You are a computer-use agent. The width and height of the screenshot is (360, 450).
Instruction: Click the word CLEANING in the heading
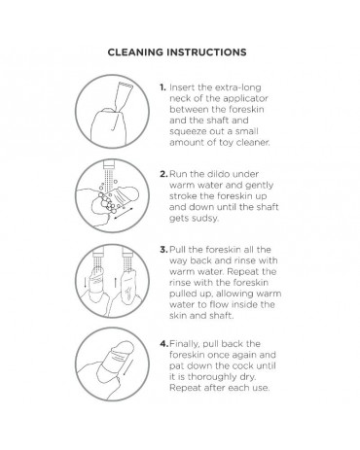point(135,52)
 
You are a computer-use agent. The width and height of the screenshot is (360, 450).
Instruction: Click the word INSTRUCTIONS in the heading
point(206,52)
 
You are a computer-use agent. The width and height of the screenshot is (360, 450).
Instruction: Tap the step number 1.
point(162,87)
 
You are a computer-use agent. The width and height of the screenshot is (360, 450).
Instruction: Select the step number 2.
point(163,174)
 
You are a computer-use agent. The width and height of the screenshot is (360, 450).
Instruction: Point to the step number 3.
point(163,250)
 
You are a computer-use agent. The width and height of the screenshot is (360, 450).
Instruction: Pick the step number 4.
point(164,344)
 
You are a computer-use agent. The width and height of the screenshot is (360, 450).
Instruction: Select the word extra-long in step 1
point(238,88)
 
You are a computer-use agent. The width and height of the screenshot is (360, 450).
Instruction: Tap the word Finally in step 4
point(184,344)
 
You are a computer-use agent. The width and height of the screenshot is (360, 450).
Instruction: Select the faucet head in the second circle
point(109,164)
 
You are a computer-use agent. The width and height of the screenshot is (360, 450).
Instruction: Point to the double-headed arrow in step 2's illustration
point(125,213)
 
